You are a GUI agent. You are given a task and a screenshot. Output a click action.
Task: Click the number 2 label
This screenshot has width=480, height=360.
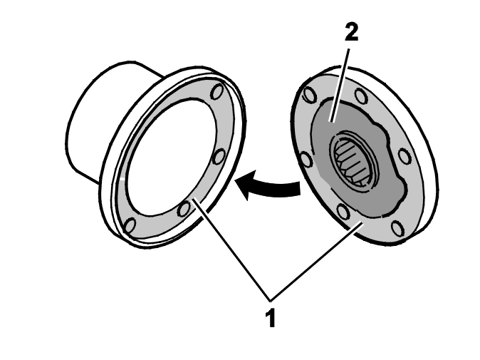coord(351,33)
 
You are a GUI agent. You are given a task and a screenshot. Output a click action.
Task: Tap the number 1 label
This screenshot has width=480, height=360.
coord(271,319)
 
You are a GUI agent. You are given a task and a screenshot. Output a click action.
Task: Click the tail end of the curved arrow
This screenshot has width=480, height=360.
coord(299,188)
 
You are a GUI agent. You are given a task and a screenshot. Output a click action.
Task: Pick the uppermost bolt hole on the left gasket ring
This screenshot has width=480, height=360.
coord(218,91)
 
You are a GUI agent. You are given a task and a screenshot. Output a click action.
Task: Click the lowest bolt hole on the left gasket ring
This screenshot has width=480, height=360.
coord(130,225)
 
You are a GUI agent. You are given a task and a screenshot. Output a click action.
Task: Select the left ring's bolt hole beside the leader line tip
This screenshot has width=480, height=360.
coord(184,209)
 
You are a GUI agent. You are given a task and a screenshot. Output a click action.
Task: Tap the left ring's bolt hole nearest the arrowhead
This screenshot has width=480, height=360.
coord(219,157)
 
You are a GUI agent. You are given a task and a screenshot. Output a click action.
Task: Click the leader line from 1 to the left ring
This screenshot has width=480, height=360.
coord(231,250)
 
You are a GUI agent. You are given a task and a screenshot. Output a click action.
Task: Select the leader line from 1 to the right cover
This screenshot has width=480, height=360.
coord(316,262)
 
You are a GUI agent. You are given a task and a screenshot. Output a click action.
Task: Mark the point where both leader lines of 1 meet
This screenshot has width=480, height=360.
coord(271,299)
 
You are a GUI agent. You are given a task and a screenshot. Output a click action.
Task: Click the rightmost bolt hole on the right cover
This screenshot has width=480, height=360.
coord(405,156)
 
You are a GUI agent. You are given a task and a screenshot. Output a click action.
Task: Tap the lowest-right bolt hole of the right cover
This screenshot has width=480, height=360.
coord(397,229)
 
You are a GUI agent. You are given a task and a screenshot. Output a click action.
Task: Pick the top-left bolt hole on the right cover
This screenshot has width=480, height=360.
coord(308,93)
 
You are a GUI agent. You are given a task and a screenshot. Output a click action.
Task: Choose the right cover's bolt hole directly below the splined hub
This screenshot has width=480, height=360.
coord(343,212)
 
